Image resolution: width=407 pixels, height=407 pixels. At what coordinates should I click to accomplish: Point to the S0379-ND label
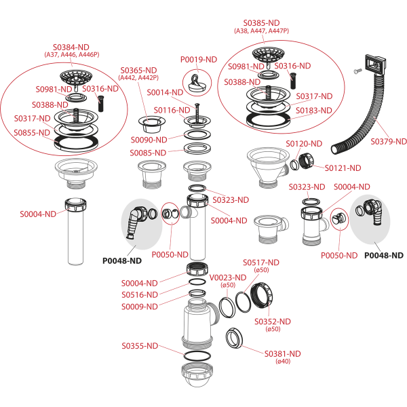[388, 142]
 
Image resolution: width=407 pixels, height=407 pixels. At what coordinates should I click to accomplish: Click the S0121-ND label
[343, 168]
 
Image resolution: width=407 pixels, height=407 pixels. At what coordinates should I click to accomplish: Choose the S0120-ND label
[303, 144]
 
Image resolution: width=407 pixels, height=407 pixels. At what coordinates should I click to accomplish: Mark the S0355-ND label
[140, 346]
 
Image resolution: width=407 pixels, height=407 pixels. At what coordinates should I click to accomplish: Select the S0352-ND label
[272, 321]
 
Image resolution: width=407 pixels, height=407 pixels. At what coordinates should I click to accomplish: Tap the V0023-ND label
[227, 277]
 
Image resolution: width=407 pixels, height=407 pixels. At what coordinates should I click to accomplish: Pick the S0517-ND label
[261, 263]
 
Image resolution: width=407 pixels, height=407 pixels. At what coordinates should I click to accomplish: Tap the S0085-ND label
[149, 153]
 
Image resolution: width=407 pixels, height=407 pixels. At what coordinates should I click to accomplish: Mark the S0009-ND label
[140, 307]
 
